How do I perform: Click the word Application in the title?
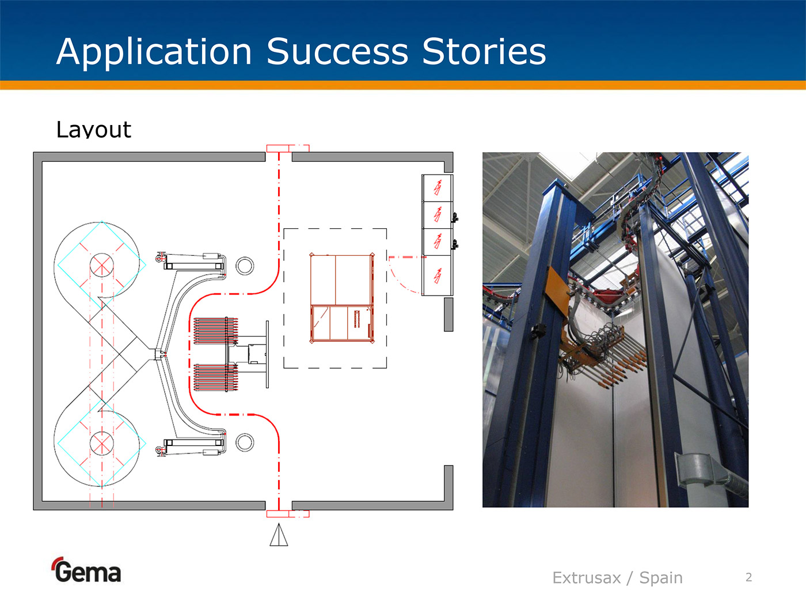pos(154,52)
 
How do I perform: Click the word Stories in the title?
pos(484,52)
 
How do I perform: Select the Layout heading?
pos(94,130)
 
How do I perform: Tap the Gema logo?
pos(86,570)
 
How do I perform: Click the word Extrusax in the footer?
pos(587,578)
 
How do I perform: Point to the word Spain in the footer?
pos(660,578)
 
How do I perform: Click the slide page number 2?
pos(749,577)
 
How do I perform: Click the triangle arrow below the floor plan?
pos(279,535)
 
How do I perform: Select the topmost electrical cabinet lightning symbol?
pos(438,188)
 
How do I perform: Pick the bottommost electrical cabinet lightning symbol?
pos(438,275)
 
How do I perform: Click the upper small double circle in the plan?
pos(245,266)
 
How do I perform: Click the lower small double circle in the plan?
pos(245,443)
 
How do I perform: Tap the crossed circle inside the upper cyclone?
pos(102,265)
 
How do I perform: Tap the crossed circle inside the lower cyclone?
pos(102,443)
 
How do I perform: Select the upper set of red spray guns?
pos(216,331)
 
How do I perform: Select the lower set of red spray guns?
pos(216,377)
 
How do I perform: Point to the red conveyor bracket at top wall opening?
pos(287,149)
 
